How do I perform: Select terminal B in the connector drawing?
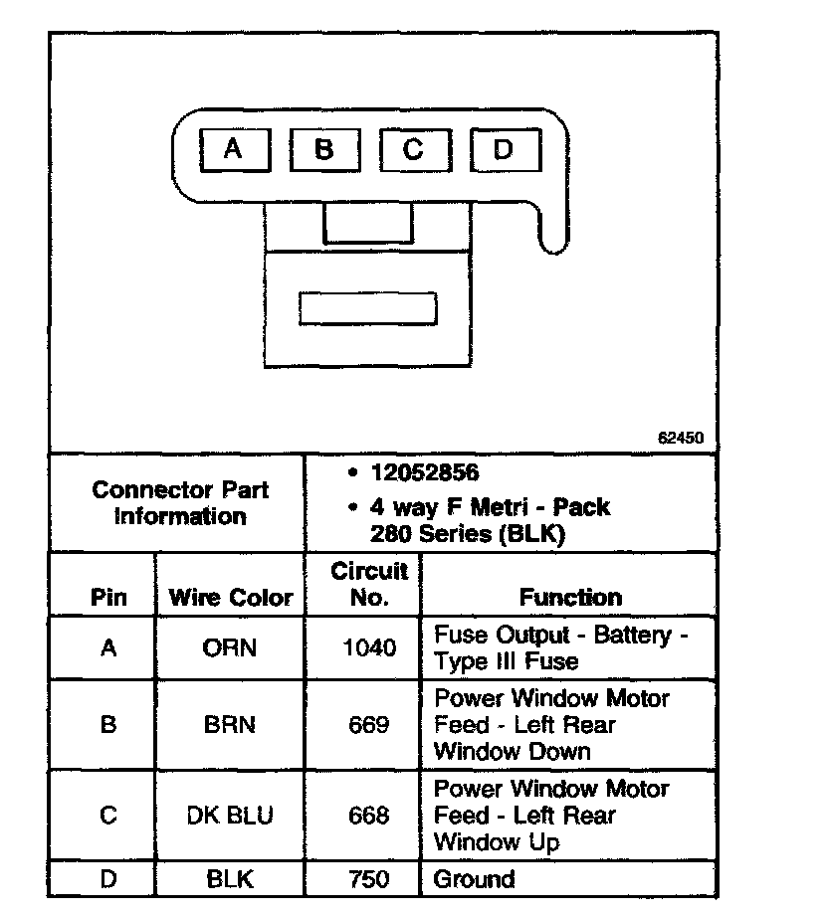point(323,150)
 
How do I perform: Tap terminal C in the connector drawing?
point(413,150)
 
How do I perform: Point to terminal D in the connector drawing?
point(504,151)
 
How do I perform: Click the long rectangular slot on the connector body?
point(368,308)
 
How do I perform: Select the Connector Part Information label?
point(180,503)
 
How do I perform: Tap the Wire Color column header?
point(231,598)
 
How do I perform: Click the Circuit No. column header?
point(369,584)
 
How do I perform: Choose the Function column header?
point(570,597)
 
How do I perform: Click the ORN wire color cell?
point(230,648)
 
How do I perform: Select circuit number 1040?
point(369,648)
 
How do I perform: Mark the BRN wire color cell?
point(230,725)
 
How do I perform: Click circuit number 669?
point(369,725)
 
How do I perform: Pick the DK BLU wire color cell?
point(230,816)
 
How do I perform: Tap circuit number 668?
point(369,816)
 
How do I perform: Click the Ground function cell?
point(475,879)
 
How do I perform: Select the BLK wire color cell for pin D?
point(230,879)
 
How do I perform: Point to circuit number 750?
point(369,879)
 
